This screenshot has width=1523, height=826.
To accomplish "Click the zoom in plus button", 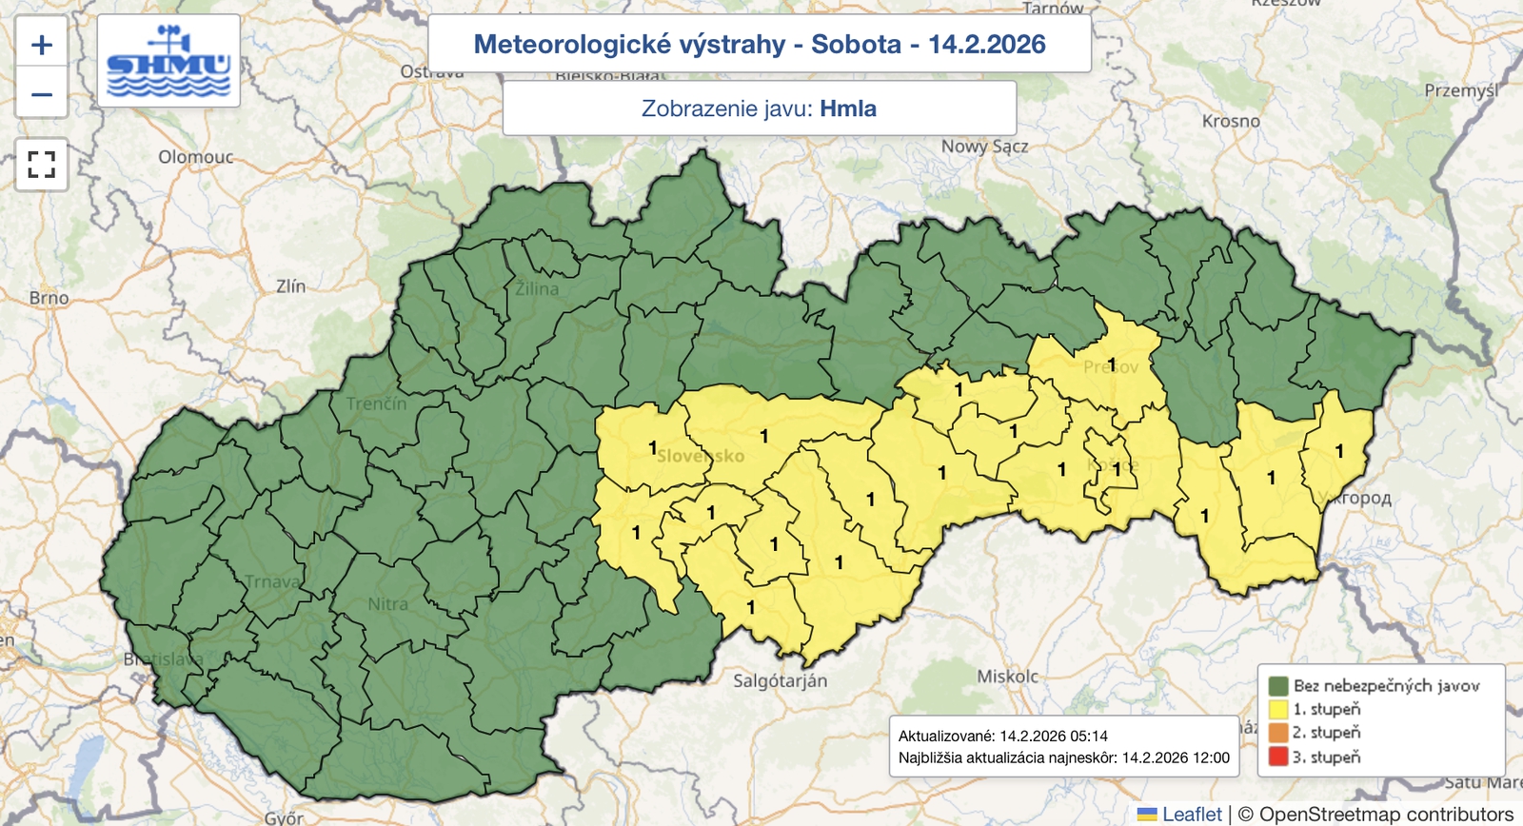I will (41, 44).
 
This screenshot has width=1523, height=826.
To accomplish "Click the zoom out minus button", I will (41, 93).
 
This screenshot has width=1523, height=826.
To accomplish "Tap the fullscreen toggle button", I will (41, 165).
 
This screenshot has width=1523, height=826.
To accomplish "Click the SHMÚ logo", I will (168, 61).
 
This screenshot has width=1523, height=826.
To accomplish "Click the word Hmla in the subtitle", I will (847, 108).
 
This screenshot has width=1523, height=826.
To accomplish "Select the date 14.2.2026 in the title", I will (986, 44).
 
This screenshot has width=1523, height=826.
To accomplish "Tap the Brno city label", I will (49, 298).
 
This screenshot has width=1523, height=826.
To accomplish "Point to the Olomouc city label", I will (196, 157).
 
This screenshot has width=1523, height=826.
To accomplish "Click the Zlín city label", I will (290, 285).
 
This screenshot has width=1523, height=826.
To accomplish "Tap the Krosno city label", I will (1231, 121).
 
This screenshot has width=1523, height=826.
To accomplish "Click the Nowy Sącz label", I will (984, 147).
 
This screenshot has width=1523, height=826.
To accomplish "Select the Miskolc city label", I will (1008, 677).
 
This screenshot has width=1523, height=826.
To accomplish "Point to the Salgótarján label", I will (780, 680).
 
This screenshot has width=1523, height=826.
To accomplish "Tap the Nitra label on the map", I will (387, 604).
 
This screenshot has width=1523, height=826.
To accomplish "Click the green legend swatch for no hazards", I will (1277, 685).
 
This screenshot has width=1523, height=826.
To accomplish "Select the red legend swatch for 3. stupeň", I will (1277, 757).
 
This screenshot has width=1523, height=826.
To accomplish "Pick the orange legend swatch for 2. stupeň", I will (1277, 733).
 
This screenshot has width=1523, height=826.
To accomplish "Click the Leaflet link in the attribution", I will (1191, 814).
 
